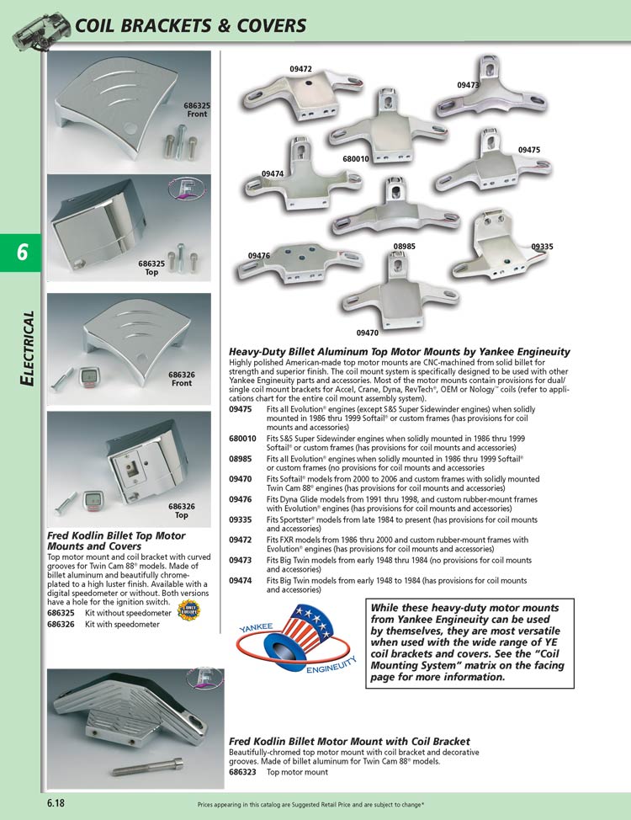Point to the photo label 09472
pyautogui.click(x=300, y=69)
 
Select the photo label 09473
pyautogui.click(x=469, y=85)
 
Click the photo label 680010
pyautogui.click(x=356, y=158)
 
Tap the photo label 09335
pyautogui.click(x=542, y=247)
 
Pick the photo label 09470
pyautogui.click(x=368, y=333)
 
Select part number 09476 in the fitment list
pyautogui.click(x=241, y=498)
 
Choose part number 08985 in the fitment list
pyautogui.click(x=241, y=459)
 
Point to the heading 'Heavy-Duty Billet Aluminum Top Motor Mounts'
pyautogui.click(x=400, y=351)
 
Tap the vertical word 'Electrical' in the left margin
pyautogui.click(x=28, y=349)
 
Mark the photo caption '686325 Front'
pyautogui.click(x=197, y=109)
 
